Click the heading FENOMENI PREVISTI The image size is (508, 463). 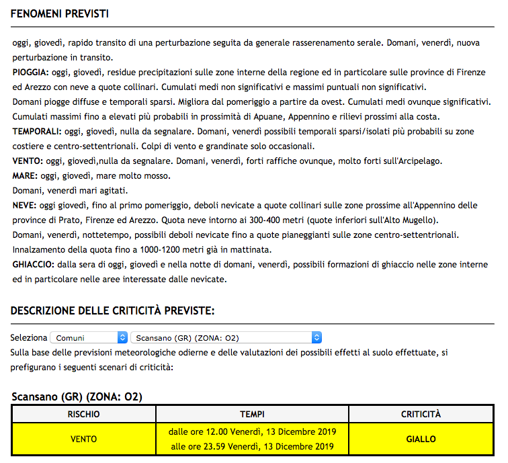coord(60,14)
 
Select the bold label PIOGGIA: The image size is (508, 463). coord(31,73)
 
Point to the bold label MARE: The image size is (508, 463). coord(26,176)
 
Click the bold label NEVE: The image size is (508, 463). coord(24,206)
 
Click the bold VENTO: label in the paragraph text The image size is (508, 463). coord(28,161)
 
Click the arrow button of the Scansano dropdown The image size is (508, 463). coord(317,337)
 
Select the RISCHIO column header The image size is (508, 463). coord(84,414)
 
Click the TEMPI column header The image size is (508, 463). coord(252,414)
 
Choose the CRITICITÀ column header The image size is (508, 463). coord(421,414)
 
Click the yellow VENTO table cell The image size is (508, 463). coord(84,439)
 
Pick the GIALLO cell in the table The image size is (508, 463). coord(421,439)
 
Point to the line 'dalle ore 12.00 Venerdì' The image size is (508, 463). coord(252,431)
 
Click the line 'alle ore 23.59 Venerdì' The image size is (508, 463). coord(252,446)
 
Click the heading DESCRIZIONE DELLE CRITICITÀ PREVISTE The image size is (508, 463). coord(112,310)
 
